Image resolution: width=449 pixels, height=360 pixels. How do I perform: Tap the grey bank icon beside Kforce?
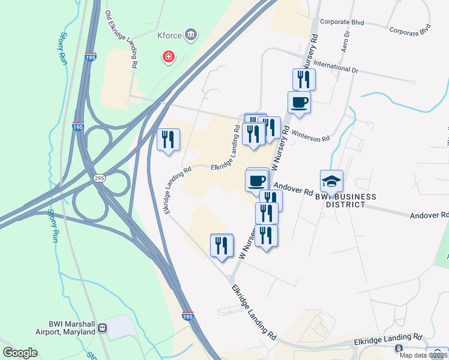191,35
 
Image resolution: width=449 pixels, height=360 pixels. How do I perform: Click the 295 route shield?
100,179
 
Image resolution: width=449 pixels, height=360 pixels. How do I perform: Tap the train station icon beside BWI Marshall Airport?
103,328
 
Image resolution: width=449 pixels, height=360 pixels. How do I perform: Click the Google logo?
20,353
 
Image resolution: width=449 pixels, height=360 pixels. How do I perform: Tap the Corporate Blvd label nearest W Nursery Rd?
338,22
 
